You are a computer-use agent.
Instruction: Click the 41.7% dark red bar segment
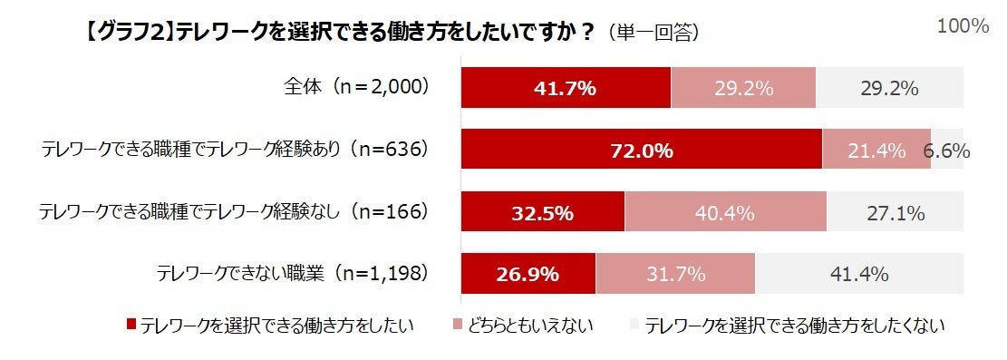[x=566, y=88]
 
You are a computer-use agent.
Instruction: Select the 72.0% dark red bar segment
[x=641, y=151]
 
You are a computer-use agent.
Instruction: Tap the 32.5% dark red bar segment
[x=543, y=213]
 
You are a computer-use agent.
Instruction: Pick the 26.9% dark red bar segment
[x=528, y=274]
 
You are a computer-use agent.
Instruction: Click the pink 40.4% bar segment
[x=725, y=213]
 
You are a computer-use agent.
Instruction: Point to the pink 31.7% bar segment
[x=674, y=274]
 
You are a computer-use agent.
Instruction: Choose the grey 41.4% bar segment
[x=858, y=274]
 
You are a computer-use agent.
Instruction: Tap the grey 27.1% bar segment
[x=894, y=213]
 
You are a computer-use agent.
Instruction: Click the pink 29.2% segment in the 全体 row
[x=743, y=88]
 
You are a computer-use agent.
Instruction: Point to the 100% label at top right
[x=962, y=26]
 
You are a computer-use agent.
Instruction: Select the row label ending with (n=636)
[x=234, y=150]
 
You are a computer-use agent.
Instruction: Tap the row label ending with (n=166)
[x=234, y=212]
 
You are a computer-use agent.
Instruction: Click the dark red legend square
[x=131, y=324]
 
